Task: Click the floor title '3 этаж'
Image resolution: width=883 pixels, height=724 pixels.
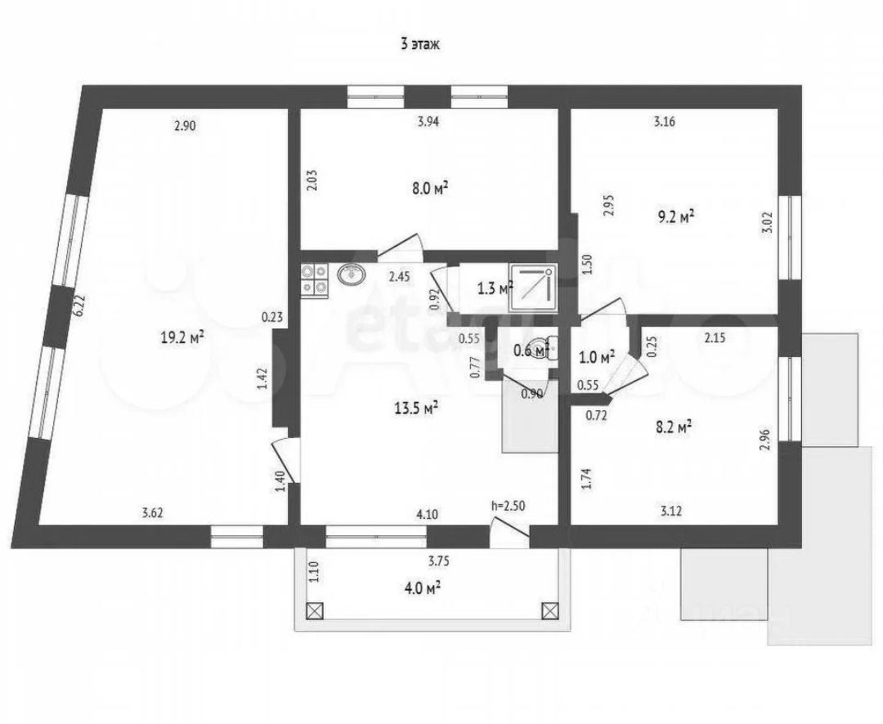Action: point(420,45)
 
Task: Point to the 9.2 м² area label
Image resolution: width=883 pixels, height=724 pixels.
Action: point(675,217)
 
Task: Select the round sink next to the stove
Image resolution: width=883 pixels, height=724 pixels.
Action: point(352,275)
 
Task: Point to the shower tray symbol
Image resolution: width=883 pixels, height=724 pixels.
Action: point(532,288)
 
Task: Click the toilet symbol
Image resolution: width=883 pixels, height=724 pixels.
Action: point(543,348)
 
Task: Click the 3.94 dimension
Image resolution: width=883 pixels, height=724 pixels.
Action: point(429,123)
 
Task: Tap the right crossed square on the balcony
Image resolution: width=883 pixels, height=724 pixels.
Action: point(550,610)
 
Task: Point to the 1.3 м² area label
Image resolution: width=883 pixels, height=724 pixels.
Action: point(493,288)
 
